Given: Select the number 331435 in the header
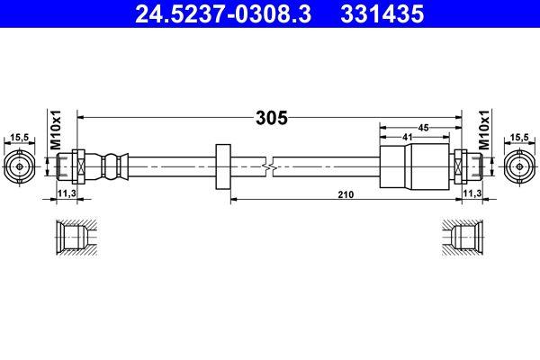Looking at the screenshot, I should coord(367,13).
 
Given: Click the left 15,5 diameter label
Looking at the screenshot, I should coord(19,137).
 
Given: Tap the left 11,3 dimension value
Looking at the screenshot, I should coord(67,193).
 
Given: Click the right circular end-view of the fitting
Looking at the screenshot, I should coord(518,166).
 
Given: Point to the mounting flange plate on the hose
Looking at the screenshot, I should coord(223,166).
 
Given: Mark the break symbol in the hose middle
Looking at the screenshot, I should coord(269,166).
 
